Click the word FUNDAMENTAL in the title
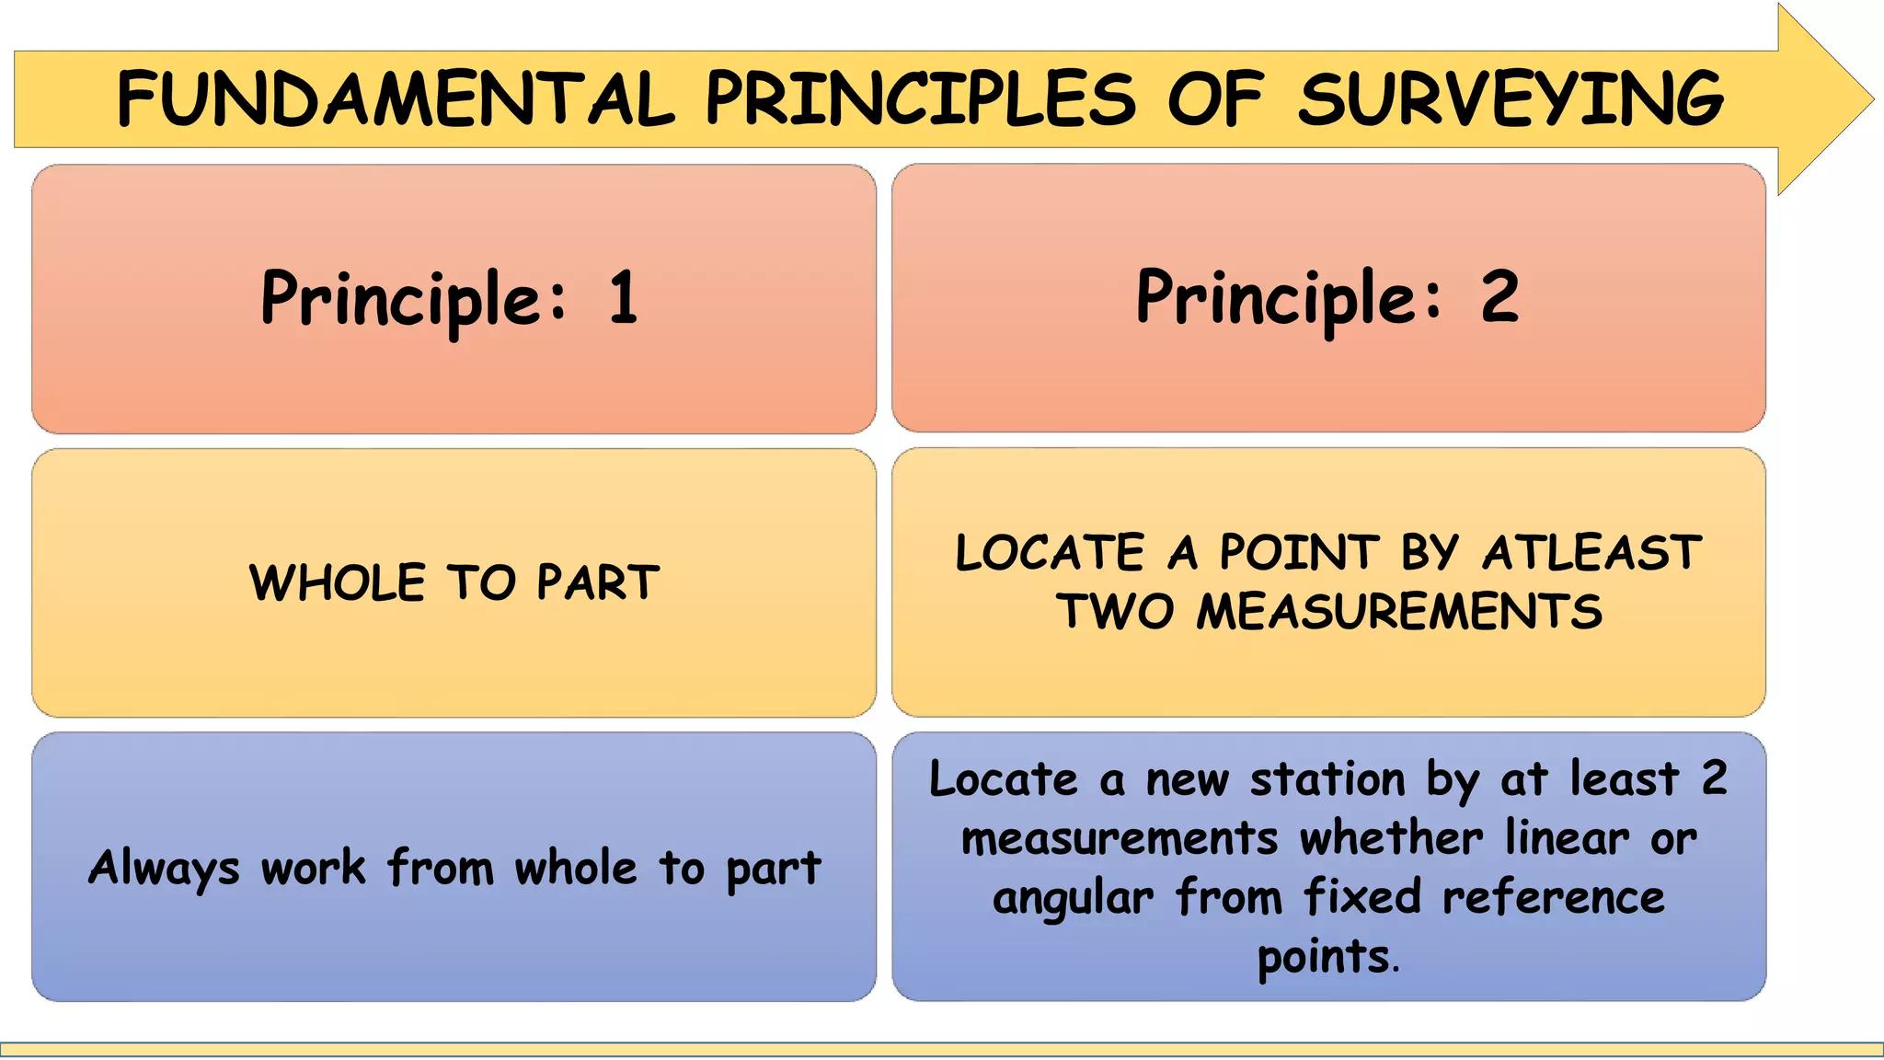click(x=396, y=99)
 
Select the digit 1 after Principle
click(x=624, y=298)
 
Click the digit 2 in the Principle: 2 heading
click(x=1499, y=296)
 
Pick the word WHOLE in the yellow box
click(x=338, y=582)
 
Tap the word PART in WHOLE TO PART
click(x=598, y=582)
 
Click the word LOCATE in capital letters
click(x=1050, y=553)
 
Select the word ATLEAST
click(x=1592, y=553)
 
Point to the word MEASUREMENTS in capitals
click(x=1398, y=612)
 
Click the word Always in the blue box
click(x=164, y=869)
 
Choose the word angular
click(x=1073, y=899)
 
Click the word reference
click(x=1554, y=898)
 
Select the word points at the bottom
click(x=1325, y=957)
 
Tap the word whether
click(x=1391, y=838)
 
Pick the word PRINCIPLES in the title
click(x=921, y=99)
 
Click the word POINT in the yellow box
click(x=1300, y=553)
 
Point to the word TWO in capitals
click(x=1115, y=612)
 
